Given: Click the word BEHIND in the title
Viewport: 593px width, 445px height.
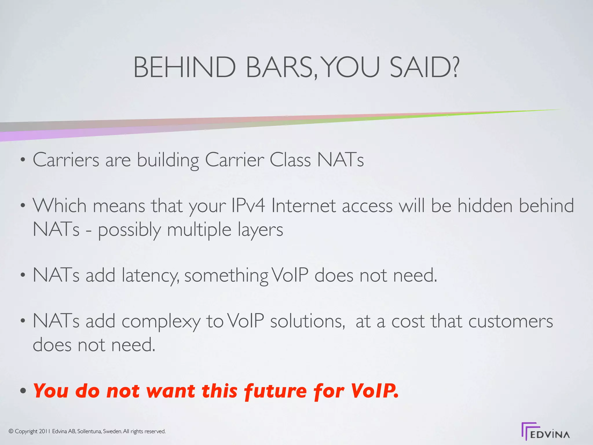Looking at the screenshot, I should coord(184,67).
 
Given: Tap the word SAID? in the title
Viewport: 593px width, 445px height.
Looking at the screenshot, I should coord(424,67).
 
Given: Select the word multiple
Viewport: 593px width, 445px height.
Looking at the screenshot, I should coord(199,230).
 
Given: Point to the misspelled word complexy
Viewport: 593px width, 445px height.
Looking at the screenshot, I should coord(161,322).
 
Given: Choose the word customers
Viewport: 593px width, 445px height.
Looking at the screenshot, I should coord(510,322).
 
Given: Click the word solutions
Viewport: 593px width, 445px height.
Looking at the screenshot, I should coord(308,322).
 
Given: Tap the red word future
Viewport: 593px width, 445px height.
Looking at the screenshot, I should coord(275,391).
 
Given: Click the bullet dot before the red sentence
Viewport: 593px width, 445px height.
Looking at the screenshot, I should coord(23,391).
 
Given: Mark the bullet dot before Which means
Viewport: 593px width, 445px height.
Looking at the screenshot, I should coord(23,206).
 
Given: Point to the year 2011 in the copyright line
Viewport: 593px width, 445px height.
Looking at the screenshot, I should coord(45,431).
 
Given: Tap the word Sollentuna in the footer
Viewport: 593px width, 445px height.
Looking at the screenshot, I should coord(89,431).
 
